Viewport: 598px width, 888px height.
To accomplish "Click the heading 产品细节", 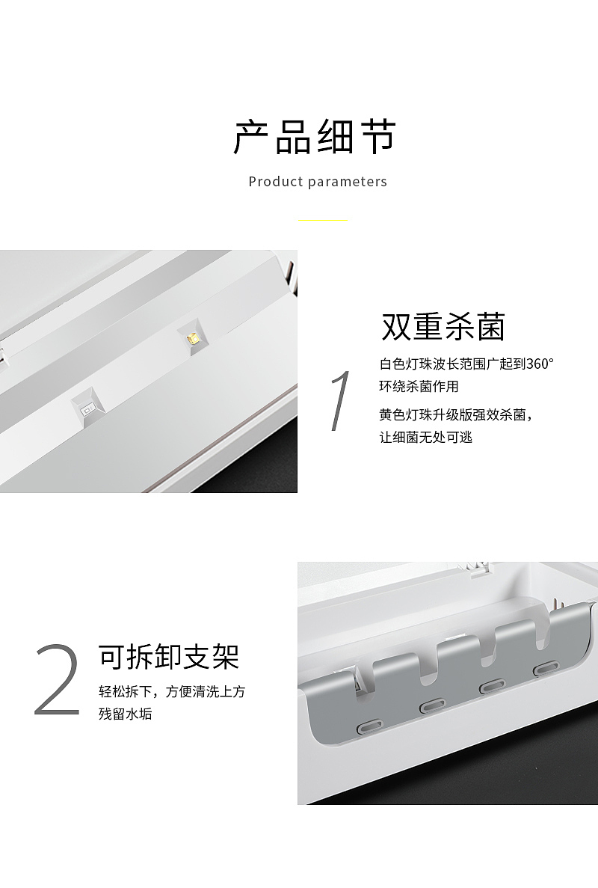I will click(314, 138).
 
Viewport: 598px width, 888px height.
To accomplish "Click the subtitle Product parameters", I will click(318, 182).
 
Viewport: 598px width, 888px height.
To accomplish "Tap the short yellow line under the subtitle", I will click(323, 221).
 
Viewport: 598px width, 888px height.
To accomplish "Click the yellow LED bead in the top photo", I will click(193, 338).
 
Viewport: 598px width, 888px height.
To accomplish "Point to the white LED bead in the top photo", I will click(87, 408).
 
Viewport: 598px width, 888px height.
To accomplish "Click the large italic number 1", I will click(340, 401).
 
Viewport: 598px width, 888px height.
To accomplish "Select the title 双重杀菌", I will click(443, 327).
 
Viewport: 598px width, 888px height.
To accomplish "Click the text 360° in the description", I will click(540, 365).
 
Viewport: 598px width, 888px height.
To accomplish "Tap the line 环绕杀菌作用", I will click(419, 387).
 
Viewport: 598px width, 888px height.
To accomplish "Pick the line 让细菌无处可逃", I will click(426, 437).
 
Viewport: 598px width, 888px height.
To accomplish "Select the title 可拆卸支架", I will click(169, 656).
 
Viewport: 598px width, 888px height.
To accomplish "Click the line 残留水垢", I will click(125, 714).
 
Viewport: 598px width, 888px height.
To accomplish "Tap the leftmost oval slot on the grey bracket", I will click(370, 726).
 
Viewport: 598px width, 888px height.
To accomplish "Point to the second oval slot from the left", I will click(432, 704).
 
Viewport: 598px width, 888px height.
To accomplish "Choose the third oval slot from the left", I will click(490, 685).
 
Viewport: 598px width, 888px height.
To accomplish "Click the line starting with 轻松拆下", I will click(172, 692).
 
